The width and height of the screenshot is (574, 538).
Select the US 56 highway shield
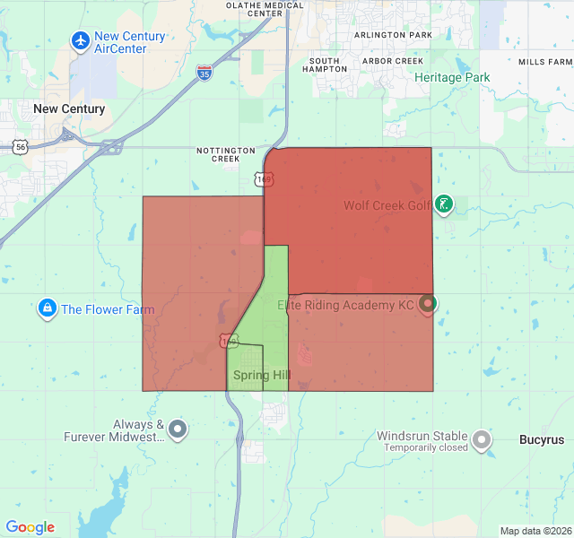(20, 146)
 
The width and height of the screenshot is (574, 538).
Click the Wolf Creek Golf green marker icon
(443, 204)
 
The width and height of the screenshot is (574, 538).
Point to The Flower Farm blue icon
(46, 309)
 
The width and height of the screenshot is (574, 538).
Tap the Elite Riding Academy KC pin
(427, 304)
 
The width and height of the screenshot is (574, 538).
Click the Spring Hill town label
(262, 375)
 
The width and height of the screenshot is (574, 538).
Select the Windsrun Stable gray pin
(483, 439)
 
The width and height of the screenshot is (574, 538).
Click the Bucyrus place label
(542, 440)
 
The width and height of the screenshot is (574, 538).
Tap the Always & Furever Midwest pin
(178, 430)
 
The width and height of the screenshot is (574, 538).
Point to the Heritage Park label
(452, 78)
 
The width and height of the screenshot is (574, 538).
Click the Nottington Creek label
(226, 154)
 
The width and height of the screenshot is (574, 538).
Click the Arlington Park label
(393, 35)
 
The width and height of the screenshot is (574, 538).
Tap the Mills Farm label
(544, 62)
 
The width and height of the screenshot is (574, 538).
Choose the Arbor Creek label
(392, 61)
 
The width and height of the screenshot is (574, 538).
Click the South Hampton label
(325, 65)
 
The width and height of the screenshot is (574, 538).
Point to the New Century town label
(69, 109)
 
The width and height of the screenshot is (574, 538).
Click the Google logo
(30, 527)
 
